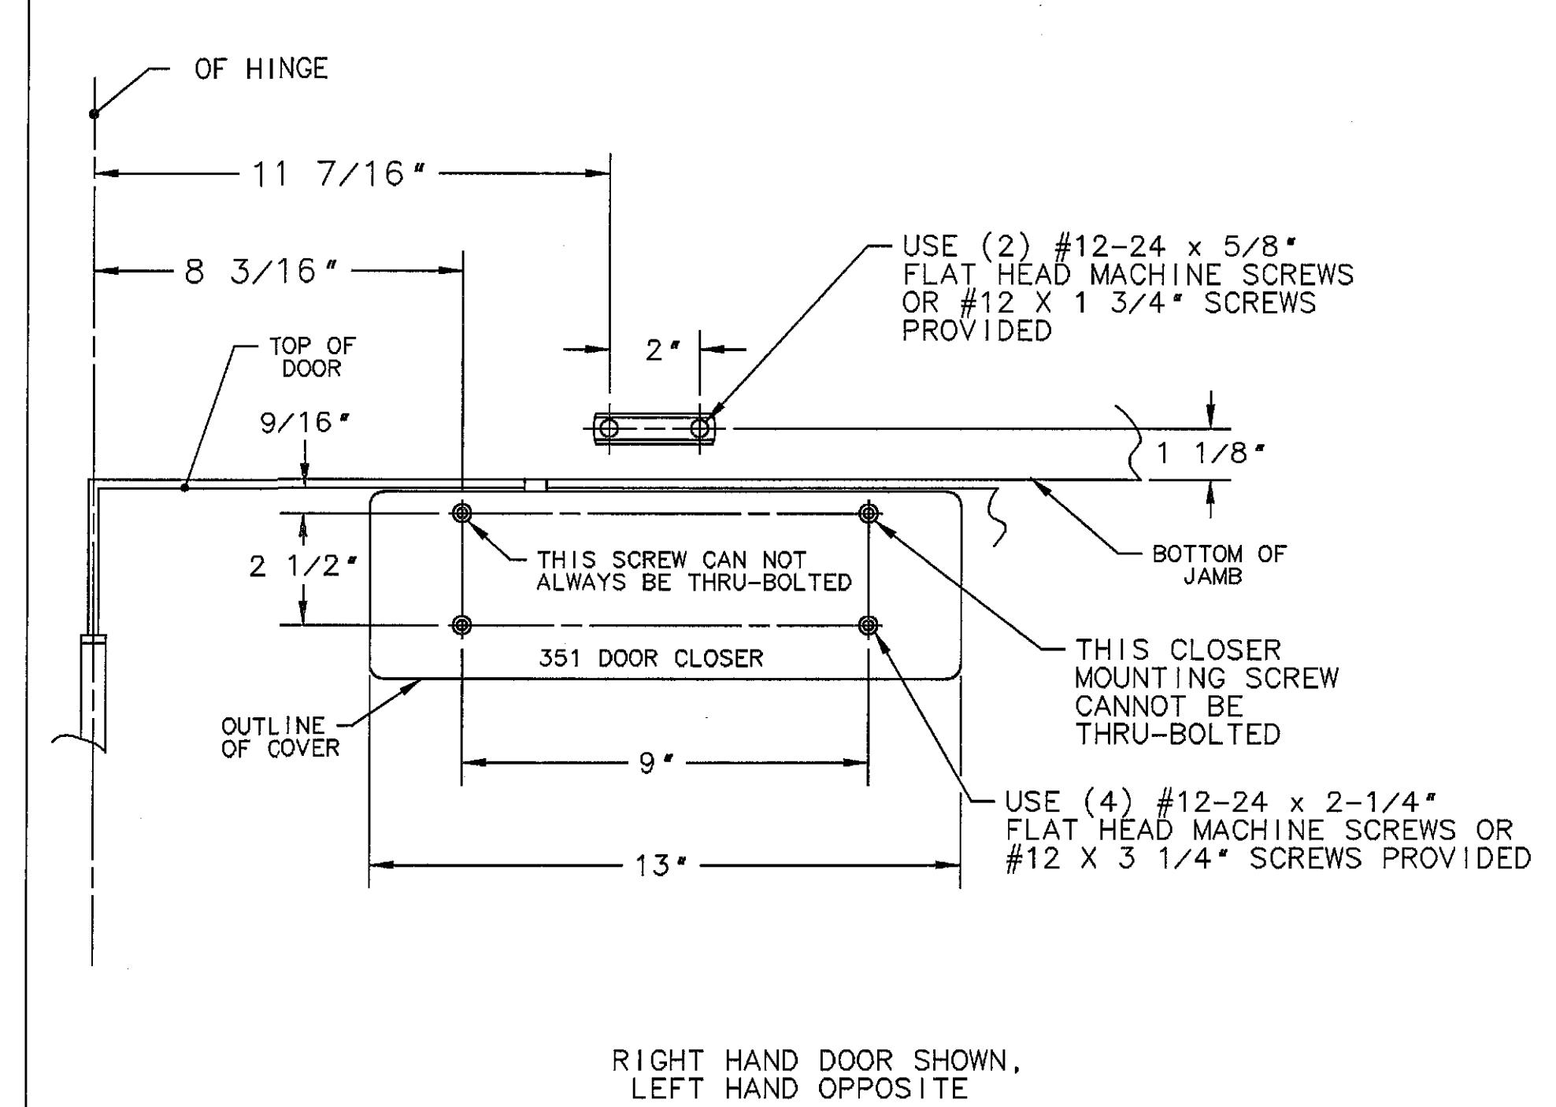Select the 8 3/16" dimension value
click(x=261, y=272)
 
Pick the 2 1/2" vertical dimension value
click(x=303, y=566)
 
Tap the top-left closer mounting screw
click(x=462, y=513)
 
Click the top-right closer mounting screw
click(x=869, y=513)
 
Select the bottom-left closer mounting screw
click(x=462, y=625)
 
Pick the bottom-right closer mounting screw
click(x=869, y=625)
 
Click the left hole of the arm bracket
click(x=609, y=428)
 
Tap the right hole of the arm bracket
click(x=700, y=428)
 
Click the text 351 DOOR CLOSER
click(x=651, y=658)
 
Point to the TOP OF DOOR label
click(x=313, y=357)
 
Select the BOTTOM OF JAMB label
click(x=1219, y=565)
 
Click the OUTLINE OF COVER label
click(x=281, y=737)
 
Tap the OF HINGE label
click(x=261, y=69)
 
